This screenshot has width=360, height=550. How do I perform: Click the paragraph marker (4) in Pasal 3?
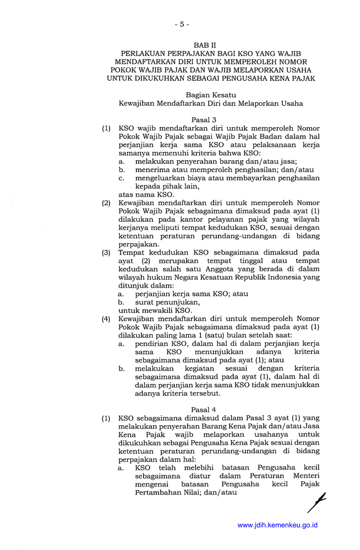(106, 318)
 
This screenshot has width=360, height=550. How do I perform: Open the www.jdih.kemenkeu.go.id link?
(277, 525)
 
